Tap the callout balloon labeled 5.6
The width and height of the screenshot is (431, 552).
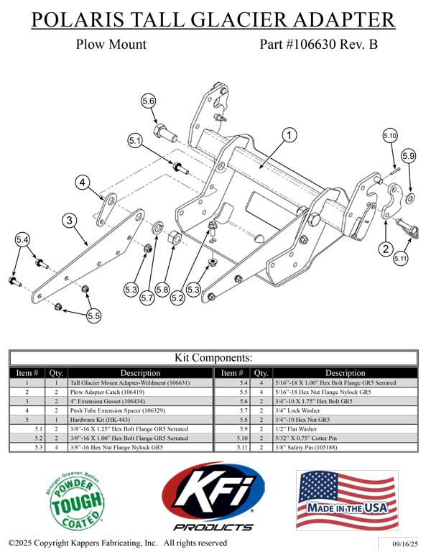pos(148,101)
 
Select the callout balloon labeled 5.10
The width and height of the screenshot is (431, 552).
pos(389,135)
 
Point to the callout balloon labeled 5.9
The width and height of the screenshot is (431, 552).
pos(408,155)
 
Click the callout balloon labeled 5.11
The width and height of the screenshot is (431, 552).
pos(400,257)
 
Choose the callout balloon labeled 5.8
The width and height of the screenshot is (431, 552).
pos(163,290)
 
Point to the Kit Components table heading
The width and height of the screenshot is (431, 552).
pos(214,357)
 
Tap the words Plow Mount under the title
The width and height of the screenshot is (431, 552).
pos(111,44)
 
